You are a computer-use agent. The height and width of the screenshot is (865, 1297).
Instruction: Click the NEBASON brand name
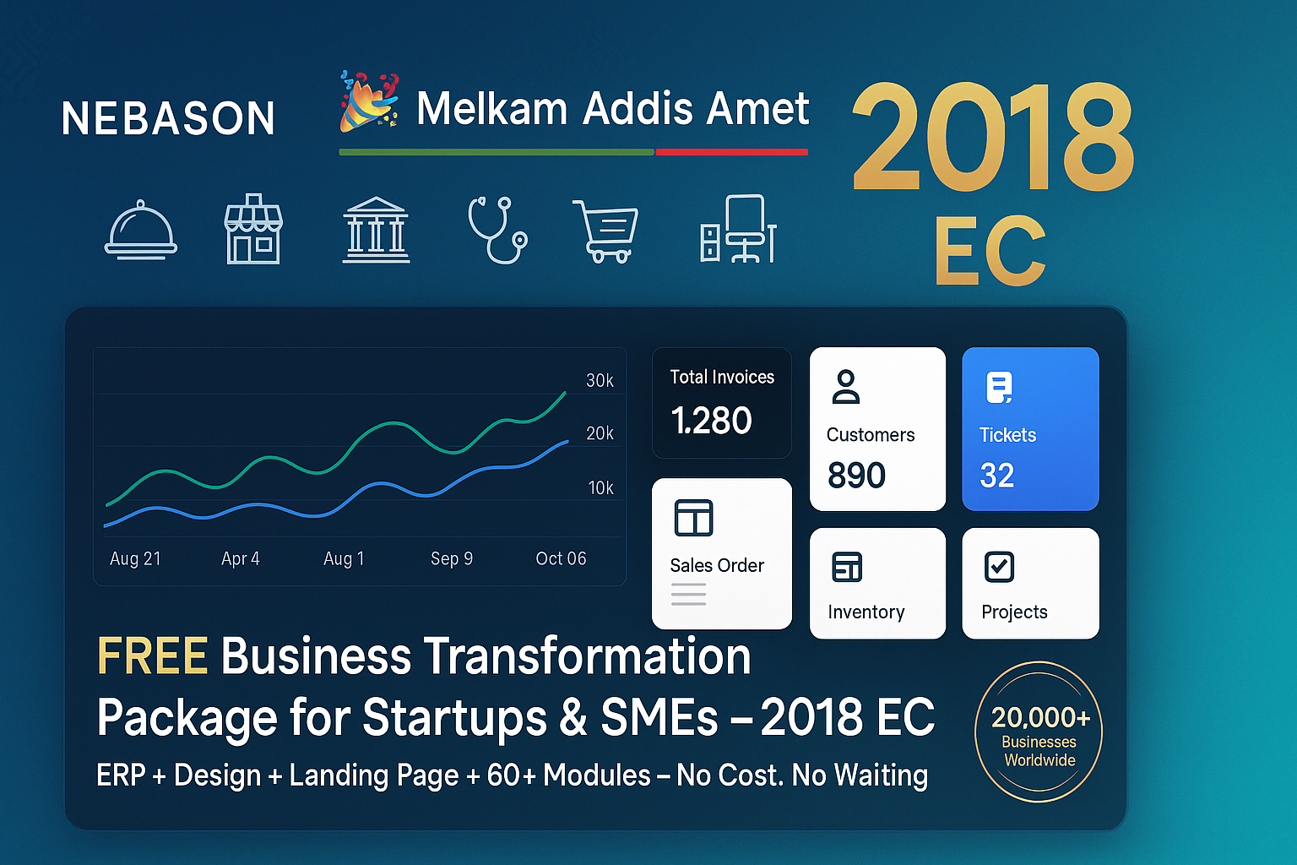tap(168, 118)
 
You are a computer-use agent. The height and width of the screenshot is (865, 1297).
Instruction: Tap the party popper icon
tap(368, 101)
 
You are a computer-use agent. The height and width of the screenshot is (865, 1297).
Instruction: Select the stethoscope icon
tap(497, 229)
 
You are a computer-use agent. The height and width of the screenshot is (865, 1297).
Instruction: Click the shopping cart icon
tap(605, 231)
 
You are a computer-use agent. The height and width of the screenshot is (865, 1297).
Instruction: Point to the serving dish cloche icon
tap(141, 230)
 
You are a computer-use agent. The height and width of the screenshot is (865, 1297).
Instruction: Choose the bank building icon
tap(376, 230)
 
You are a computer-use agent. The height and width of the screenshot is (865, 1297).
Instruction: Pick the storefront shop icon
tap(253, 229)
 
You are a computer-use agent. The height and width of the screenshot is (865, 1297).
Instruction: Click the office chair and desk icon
tap(738, 229)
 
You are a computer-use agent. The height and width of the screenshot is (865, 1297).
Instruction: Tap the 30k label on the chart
tap(600, 381)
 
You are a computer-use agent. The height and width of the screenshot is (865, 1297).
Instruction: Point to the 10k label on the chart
tap(600, 488)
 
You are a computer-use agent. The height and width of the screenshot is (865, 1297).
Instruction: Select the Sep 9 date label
tap(452, 559)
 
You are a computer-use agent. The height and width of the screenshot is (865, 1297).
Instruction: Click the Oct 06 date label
tap(561, 559)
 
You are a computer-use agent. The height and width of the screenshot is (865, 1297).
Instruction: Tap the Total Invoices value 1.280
tap(711, 421)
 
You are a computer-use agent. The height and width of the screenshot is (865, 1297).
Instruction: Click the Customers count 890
tap(856, 476)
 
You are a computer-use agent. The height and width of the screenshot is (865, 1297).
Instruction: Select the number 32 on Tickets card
tap(996, 476)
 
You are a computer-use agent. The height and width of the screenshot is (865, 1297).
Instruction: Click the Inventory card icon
tap(846, 567)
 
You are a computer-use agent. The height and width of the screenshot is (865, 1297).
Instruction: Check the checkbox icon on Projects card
tap(1000, 567)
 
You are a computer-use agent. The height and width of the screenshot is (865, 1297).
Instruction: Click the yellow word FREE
tap(153, 656)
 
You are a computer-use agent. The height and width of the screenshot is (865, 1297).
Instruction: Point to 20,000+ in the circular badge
tap(1040, 718)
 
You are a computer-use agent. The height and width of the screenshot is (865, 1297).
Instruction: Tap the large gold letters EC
tap(990, 251)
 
